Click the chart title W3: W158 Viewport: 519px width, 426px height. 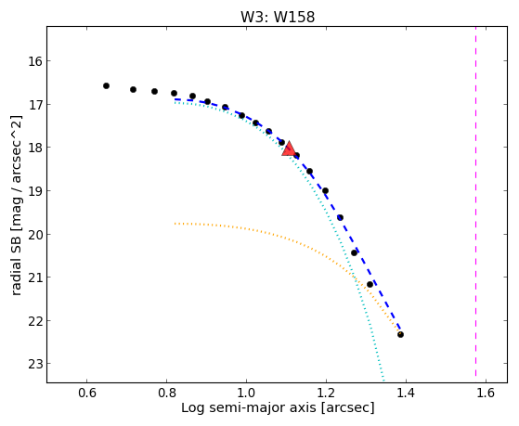pos(278,17)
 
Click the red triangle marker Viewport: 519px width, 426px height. pos(289,148)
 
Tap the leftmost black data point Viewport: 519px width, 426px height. pos(106,85)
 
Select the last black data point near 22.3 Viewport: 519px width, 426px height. pos(400,334)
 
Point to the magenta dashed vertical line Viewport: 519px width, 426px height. pos(476,201)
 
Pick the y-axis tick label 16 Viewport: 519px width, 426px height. pos(33,61)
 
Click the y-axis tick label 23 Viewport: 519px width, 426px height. pos(33,364)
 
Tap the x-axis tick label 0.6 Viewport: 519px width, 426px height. pos(87,393)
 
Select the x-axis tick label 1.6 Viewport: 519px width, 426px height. pos(486,393)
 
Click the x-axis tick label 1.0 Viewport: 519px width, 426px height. pos(247,393)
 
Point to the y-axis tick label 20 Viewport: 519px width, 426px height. pos(33,235)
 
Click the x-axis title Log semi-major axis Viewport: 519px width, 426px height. pos(249,407)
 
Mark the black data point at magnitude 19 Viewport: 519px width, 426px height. pos(325,190)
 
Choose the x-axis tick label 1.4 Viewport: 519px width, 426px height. pos(406,393)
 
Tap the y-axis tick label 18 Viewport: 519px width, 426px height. pos(33,148)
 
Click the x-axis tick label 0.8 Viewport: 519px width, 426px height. pos(167,393)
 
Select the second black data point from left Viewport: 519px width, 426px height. pos(133,89)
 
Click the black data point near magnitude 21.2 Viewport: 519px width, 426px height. pos(370,284)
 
